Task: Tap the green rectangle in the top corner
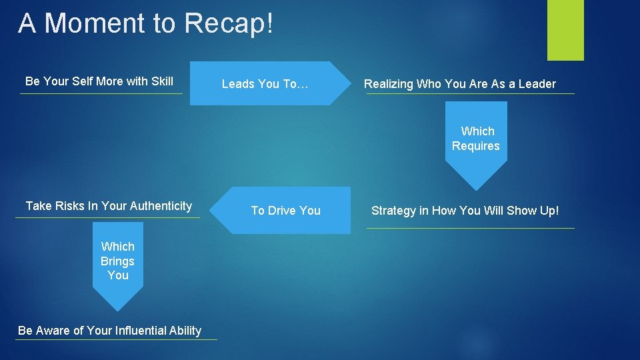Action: point(565,30)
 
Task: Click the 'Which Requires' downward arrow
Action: point(476,143)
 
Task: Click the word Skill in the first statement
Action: point(162,81)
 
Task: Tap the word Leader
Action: point(537,84)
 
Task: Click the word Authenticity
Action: point(161,206)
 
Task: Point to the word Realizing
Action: point(389,84)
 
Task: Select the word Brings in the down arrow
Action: point(117,261)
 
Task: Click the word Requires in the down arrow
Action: point(476,146)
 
